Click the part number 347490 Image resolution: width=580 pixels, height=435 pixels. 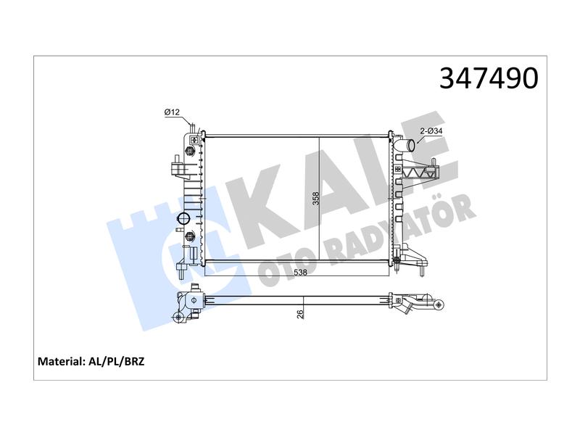click(x=489, y=78)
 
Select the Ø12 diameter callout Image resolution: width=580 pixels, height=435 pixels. click(x=172, y=112)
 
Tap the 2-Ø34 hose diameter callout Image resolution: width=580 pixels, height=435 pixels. click(x=431, y=131)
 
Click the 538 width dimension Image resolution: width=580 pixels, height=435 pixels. click(x=300, y=273)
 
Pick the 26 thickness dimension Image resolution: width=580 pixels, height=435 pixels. click(x=300, y=314)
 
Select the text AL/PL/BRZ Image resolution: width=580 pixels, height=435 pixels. click(x=116, y=361)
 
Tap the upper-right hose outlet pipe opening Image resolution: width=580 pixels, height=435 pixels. click(x=409, y=146)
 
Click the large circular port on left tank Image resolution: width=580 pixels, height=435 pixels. click(x=183, y=219)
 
